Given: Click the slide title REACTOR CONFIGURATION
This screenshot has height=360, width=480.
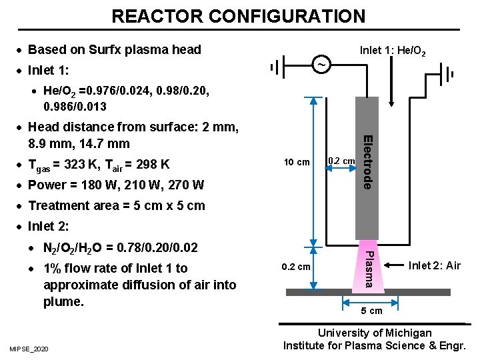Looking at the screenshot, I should tap(239, 15).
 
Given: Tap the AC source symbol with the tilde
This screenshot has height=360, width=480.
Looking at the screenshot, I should tap(321, 65).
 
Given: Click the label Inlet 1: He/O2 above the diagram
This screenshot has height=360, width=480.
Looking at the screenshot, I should tap(393, 51).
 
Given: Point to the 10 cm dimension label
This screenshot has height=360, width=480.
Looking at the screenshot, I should tap(297, 162).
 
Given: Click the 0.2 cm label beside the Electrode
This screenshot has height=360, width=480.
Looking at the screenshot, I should tap(342, 161).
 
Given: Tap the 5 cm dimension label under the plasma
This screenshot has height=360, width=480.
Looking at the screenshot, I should tap(371, 311).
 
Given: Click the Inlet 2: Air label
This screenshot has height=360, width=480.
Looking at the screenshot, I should tap(435, 266).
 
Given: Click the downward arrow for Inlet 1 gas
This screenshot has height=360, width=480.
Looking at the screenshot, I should tap(392, 83).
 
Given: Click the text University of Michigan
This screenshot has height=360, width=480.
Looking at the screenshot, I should tap(374, 333).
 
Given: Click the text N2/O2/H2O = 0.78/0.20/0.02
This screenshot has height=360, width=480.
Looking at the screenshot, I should tap(120, 248).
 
